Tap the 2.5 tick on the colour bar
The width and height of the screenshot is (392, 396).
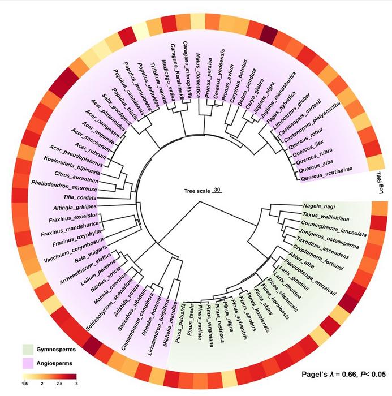(x=58, y=384)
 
